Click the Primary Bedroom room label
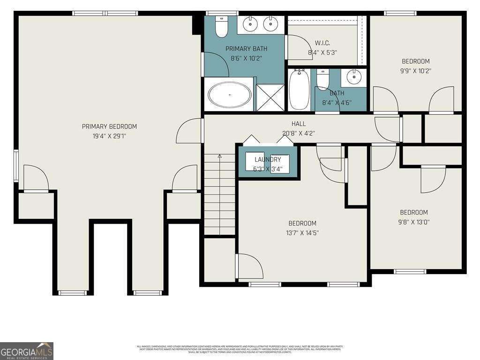109,127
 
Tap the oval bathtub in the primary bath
230,95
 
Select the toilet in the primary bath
221,26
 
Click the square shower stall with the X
270,97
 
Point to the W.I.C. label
323,43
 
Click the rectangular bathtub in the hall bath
299,89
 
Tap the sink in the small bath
354,77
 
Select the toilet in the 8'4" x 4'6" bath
323,79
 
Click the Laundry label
268,159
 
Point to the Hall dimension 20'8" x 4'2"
299,133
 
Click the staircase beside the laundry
219,195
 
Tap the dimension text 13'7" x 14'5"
302,232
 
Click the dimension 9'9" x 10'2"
416,71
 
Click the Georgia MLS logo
27,351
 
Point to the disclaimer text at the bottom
240,349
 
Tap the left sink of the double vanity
251,23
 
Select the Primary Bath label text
246,49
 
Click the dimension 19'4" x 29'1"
109,136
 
